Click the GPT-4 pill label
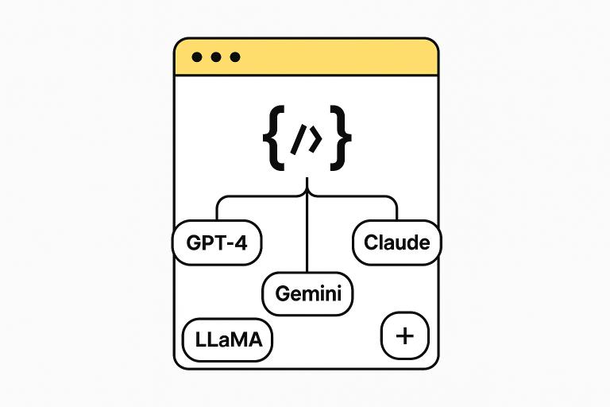point(217,242)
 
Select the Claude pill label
point(396,242)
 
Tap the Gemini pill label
point(307,293)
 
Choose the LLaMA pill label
point(228,340)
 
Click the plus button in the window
point(404,335)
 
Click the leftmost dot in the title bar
point(197,58)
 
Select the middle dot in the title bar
point(215,58)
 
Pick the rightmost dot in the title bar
point(234,58)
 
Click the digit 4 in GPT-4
point(241,242)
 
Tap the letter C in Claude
point(371,242)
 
